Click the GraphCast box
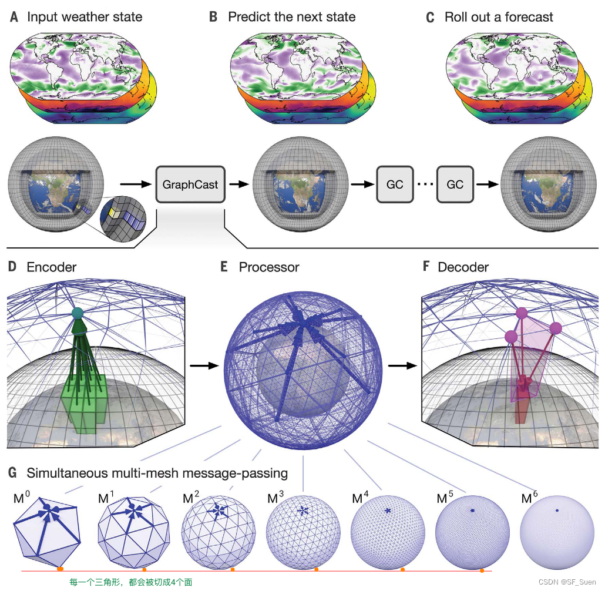point(190,184)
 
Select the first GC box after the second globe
point(395,184)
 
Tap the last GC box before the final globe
point(455,184)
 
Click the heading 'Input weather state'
point(85,16)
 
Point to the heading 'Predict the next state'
point(291,16)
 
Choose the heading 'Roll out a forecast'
point(499,16)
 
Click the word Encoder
point(52,267)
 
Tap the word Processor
point(268,267)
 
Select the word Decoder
point(463,267)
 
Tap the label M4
point(361,499)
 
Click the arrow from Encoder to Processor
point(203,365)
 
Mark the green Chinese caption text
point(130,582)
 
